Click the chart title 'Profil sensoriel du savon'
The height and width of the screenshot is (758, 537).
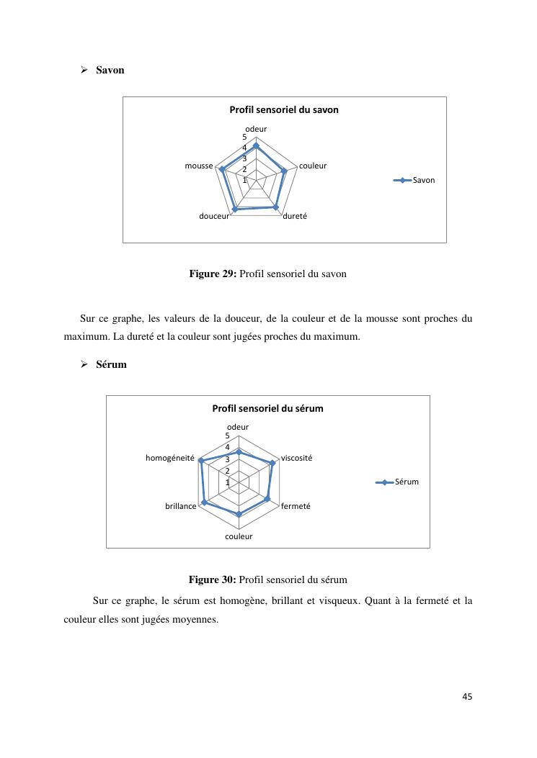click(283, 110)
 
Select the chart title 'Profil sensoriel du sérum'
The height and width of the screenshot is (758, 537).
click(267, 408)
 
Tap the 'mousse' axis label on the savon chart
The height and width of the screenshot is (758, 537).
click(199, 166)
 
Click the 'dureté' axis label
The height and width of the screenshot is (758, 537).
click(295, 216)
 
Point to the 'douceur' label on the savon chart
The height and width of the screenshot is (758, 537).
click(214, 216)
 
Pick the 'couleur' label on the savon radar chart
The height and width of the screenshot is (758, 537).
click(313, 166)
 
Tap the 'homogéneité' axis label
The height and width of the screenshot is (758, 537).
click(170, 458)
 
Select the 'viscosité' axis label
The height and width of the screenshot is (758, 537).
click(296, 458)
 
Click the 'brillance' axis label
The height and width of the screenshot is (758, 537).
click(180, 506)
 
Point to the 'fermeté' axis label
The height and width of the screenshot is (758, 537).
click(296, 506)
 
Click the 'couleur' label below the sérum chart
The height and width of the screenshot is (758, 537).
click(239, 536)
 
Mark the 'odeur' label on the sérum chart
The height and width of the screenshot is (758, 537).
click(238, 427)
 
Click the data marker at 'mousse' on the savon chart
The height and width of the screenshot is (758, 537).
click(222, 170)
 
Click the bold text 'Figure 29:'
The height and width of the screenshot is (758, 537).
click(213, 274)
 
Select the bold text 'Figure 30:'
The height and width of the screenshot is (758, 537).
click(213, 579)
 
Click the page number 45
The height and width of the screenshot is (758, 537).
click(467, 696)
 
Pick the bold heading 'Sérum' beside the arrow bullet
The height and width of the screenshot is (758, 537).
click(111, 364)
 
